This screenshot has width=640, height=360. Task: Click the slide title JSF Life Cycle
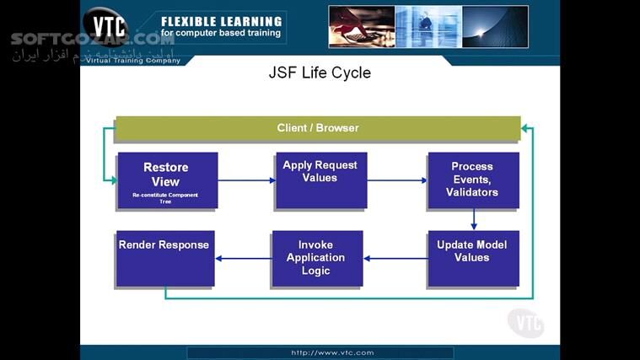pos(319,73)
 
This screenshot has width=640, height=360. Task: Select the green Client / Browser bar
pos(318,128)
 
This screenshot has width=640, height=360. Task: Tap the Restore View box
pos(166,180)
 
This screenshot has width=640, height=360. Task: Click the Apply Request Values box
pos(320,180)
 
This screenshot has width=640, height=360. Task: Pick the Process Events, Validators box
pos(472,180)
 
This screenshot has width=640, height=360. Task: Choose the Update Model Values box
pos(472,257)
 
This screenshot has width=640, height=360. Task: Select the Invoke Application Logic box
pos(316,258)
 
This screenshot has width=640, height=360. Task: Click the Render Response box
pos(164,258)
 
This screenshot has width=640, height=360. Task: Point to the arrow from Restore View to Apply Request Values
pos(246,180)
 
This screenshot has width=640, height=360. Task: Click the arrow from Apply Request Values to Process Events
pos(396,180)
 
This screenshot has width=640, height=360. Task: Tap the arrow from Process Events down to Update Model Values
pos(473,219)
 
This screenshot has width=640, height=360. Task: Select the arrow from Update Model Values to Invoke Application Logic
pos(395,258)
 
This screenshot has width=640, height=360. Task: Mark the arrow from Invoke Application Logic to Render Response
pos(243,258)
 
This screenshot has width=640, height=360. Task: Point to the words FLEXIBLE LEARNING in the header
pos(221,21)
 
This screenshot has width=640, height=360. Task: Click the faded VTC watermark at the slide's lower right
pos(525,322)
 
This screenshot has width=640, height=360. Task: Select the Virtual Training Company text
pos(133,61)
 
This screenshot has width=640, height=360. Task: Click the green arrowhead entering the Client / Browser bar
pos(526,128)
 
